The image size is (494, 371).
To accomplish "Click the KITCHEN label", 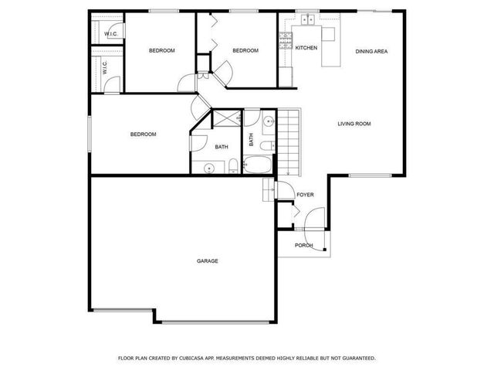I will pos(306,48).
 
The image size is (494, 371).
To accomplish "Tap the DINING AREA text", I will pos(371,51).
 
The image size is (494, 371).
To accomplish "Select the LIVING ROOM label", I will pos(354,124).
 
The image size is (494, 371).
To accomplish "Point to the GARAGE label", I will pos(207,261).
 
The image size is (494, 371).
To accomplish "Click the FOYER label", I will pos(305,195).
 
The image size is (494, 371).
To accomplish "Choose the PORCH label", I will pos(304,246).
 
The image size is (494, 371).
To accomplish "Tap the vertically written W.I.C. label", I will pos(104,68).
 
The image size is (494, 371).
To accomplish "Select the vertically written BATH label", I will pos(251,140).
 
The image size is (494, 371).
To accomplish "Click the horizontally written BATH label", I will pos(222,147).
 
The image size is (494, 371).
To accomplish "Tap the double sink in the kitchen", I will pos(306,20).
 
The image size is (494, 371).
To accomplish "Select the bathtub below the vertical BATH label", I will pos(256,165).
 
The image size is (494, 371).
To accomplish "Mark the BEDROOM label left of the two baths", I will pos(143,134).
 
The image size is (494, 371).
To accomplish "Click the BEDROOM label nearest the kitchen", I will pos(245,51).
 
